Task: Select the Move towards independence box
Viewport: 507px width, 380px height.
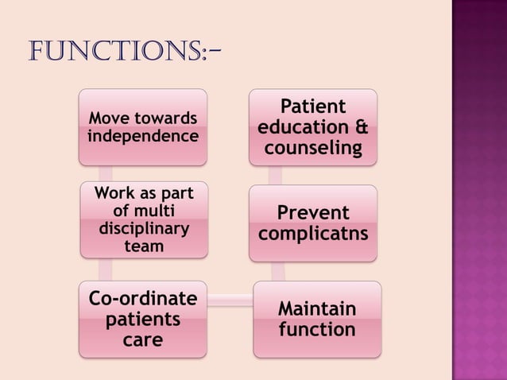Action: tap(143, 127)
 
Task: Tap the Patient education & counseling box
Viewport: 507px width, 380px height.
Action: tap(313, 127)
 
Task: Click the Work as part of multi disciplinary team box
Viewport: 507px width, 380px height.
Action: tap(143, 219)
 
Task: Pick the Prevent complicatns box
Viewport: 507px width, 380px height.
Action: tap(313, 224)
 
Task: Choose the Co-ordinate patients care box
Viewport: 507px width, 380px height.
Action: tap(142, 320)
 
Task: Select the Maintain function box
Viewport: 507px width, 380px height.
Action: tap(317, 319)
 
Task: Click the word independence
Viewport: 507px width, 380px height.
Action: tap(143, 136)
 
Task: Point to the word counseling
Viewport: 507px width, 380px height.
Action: tap(313, 149)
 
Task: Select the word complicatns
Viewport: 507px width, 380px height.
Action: tap(313, 235)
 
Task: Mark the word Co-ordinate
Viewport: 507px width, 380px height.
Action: tap(142, 300)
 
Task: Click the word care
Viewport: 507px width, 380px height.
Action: tap(142, 340)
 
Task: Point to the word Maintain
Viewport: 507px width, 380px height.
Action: tap(317, 308)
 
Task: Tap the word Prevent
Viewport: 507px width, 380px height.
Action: tap(313, 214)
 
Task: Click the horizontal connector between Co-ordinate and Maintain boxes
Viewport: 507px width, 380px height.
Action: tap(230, 300)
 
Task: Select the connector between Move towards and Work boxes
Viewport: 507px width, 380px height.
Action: tap(106, 173)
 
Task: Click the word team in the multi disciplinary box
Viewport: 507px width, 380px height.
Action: tap(143, 246)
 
